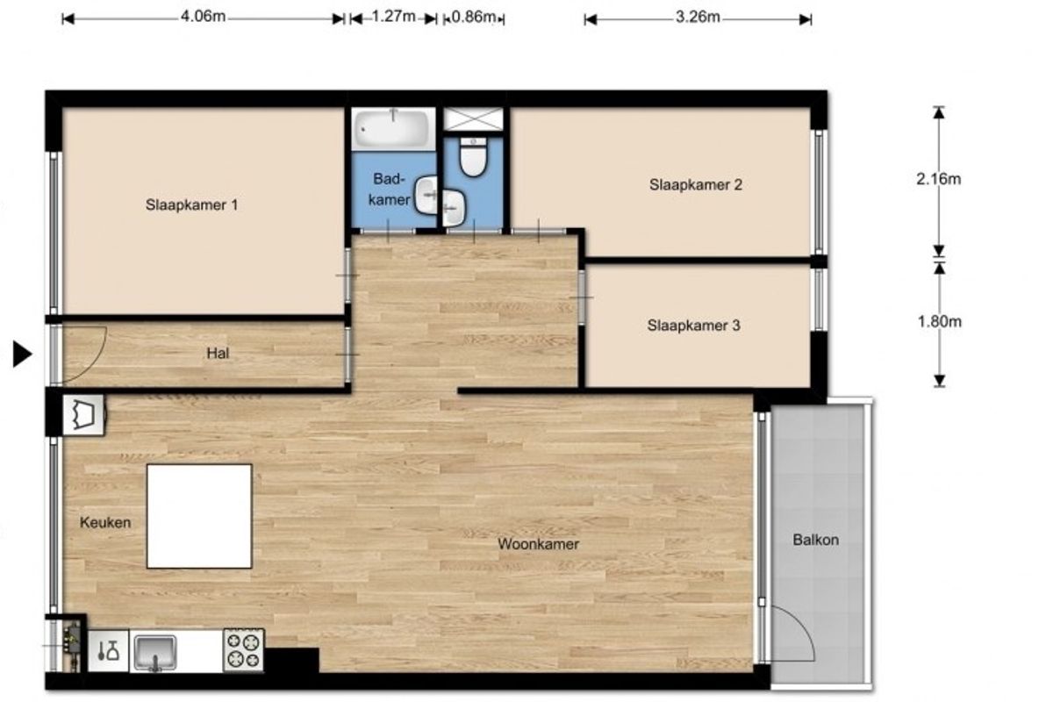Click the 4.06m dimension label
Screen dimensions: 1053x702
203,17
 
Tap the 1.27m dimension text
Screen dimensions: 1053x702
393,17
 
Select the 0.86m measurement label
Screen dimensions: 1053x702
473,18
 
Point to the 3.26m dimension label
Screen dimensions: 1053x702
698,18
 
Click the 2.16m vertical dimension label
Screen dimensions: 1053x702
938,179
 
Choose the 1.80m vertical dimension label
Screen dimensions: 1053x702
939,322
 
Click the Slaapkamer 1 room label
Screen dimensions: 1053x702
192,205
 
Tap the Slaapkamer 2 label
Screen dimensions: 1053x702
696,185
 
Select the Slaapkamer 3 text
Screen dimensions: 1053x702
694,326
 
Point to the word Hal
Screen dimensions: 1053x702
218,353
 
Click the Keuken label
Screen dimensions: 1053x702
104,522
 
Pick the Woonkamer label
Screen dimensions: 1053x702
538,544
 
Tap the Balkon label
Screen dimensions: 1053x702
815,540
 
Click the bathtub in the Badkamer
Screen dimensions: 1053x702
393,128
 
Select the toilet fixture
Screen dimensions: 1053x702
473,157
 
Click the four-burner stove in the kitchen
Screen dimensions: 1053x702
243,650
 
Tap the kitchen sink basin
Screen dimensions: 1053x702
155,652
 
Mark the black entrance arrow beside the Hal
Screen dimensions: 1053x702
22,354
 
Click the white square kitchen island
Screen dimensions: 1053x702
199,516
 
